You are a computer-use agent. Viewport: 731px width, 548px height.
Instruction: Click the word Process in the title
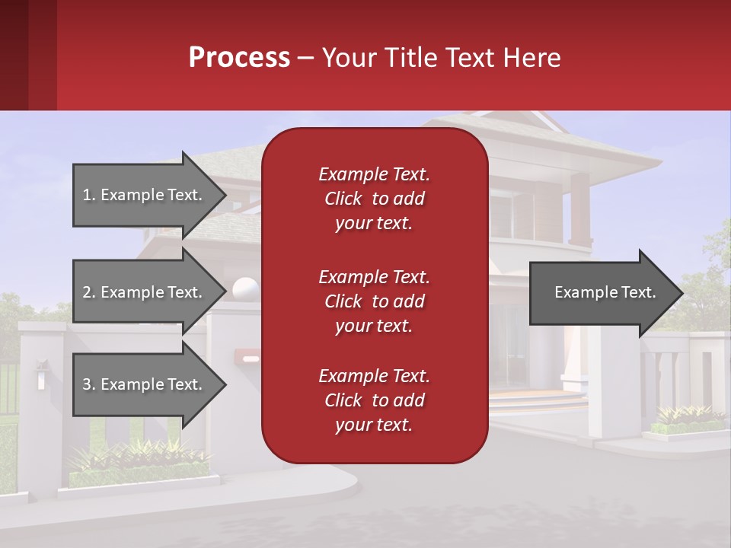pos(239,58)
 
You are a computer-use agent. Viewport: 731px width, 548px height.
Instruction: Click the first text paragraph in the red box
pos(374,199)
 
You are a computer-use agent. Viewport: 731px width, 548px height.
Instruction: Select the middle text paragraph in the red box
pos(374,301)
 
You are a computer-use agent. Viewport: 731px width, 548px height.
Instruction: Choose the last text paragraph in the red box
pos(374,400)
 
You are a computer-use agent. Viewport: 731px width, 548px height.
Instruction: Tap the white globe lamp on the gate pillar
pos(246,290)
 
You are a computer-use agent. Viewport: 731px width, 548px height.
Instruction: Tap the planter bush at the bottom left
pos(137,460)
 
